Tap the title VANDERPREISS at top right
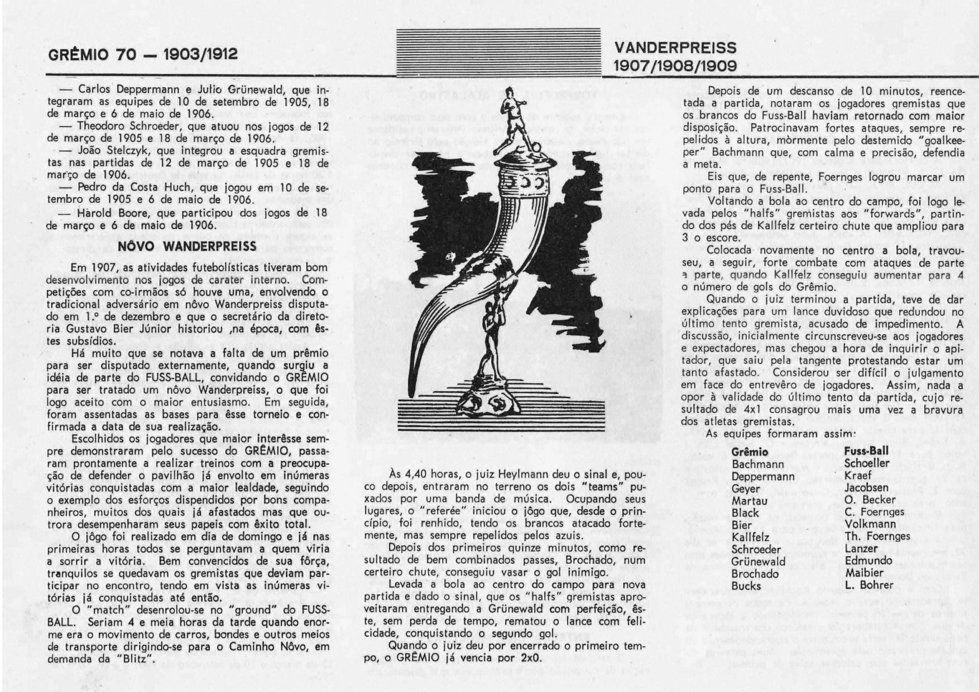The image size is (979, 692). pos(675,48)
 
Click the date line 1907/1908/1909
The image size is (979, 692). pos(675,66)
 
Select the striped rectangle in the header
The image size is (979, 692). pos(498,51)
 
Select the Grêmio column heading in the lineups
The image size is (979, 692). pos(749,451)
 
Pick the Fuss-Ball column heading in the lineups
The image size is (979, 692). pos(866,451)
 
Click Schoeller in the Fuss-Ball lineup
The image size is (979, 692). pos(866,463)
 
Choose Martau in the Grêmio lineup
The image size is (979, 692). pos(749,501)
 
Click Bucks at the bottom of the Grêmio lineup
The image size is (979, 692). pos(746,586)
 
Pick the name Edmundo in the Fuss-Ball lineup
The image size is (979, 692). pos(868,561)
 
